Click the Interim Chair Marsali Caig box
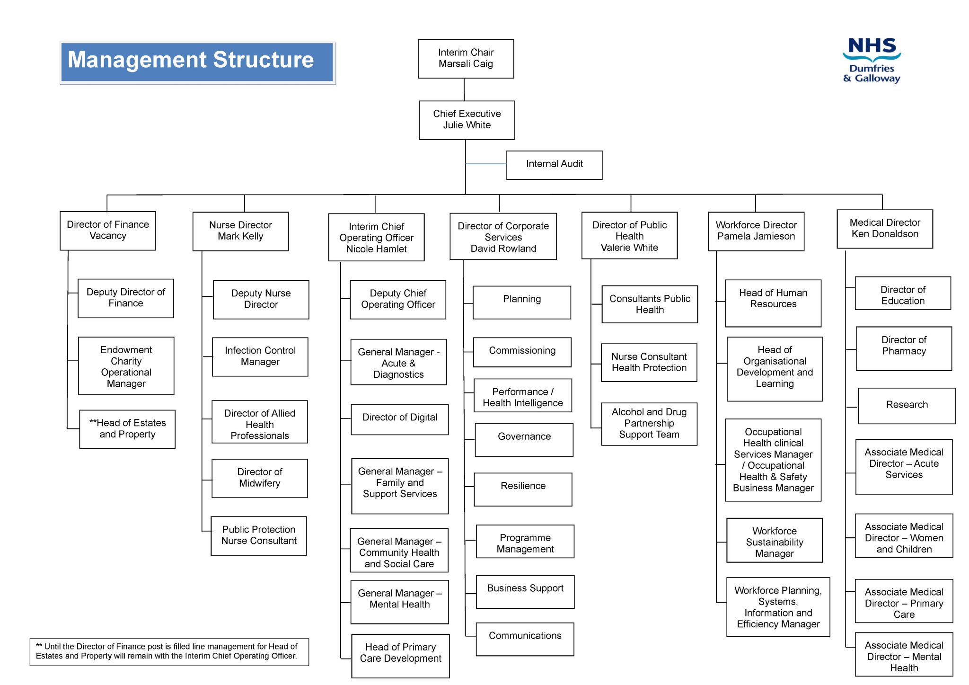pos(466,59)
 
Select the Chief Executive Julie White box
pos(467,120)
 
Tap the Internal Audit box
pos(554,165)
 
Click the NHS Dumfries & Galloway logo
pos(872,61)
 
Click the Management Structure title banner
pos(197,62)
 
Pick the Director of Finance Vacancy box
pos(107,231)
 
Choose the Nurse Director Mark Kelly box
pos(240,231)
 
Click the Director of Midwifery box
pos(259,478)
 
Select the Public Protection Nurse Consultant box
pos(258,535)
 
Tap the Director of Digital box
pos(399,419)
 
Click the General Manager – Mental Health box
pos(399,601)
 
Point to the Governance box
pos(524,440)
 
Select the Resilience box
pos(523,489)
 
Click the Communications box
pos(525,639)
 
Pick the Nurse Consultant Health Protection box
pos(649,362)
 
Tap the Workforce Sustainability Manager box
pos(774,540)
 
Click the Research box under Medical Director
pos(907,406)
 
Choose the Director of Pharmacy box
pos(903,348)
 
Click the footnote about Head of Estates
pos(169,651)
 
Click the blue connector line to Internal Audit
pos(486,164)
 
